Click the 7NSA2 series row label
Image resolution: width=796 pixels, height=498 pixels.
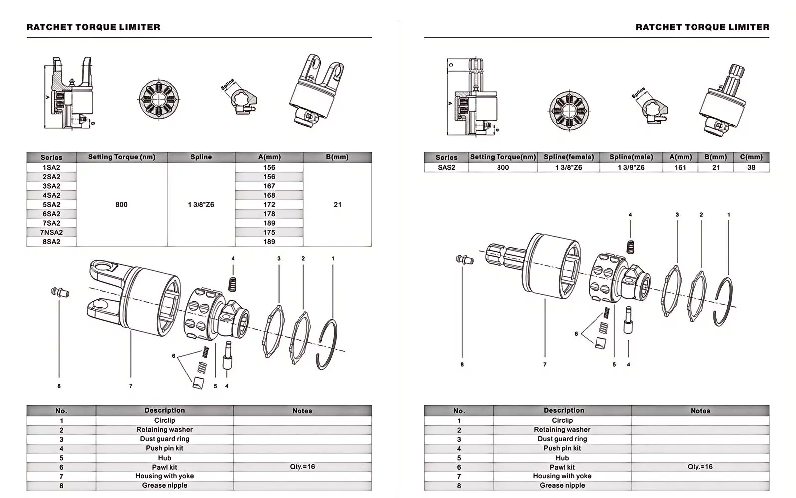(x=51, y=232)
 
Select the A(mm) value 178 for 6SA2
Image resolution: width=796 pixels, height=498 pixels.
(x=269, y=214)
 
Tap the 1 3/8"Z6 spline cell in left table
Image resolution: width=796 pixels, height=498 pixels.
(x=201, y=205)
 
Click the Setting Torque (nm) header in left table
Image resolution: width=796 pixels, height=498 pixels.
(x=121, y=157)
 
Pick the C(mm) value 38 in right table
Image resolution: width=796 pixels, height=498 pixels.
(x=751, y=168)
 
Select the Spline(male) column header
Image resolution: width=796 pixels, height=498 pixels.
(x=631, y=157)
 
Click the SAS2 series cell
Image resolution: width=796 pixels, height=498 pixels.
(x=446, y=168)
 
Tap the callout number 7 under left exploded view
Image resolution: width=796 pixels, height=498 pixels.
(x=131, y=386)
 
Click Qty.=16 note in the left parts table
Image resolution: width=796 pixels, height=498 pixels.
(x=302, y=467)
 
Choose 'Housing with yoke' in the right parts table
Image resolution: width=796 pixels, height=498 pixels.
(x=562, y=476)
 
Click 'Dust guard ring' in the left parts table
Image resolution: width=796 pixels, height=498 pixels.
(x=165, y=439)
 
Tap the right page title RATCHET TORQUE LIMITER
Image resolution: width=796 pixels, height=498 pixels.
(x=702, y=27)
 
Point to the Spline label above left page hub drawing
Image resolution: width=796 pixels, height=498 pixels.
(x=227, y=84)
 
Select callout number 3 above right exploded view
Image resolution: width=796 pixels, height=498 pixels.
(x=677, y=215)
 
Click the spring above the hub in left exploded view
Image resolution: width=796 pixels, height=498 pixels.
(x=232, y=284)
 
